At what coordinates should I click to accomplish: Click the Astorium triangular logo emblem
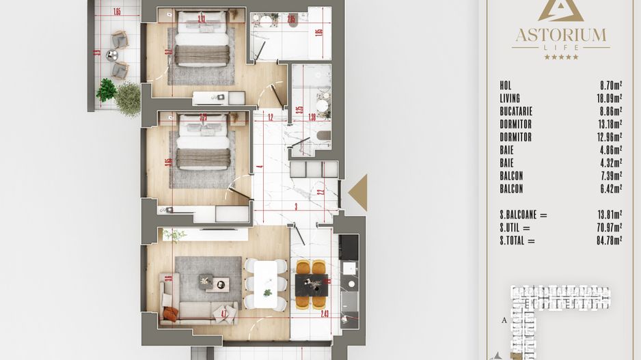(x=560, y=11)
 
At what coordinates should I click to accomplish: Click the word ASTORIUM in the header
(x=560, y=34)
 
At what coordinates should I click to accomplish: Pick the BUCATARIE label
(x=516, y=111)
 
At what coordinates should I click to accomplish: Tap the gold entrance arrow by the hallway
(x=359, y=193)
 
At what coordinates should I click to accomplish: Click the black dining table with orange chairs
(x=312, y=283)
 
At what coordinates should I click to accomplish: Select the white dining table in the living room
(x=265, y=283)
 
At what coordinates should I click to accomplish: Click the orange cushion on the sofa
(x=171, y=314)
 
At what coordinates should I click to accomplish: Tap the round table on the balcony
(x=112, y=55)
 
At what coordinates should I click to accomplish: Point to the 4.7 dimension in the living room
(x=223, y=314)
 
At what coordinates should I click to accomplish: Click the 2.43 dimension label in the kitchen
(x=324, y=314)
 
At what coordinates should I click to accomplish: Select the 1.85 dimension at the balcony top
(x=117, y=12)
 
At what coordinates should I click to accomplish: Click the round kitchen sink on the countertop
(x=351, y=283)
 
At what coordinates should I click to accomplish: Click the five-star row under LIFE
(x=560, y=57)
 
